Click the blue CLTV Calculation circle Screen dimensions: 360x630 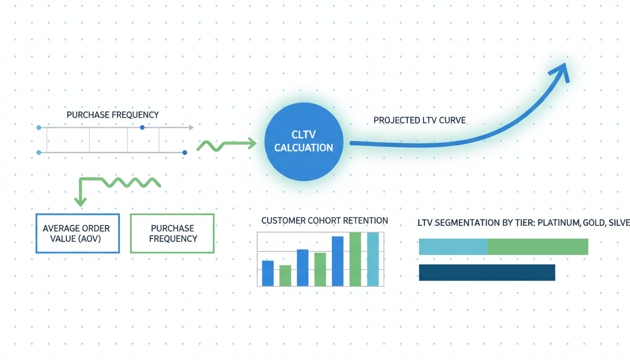point(304,142)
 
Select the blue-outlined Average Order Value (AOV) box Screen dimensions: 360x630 point(78,233)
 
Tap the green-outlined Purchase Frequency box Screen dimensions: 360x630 point(172,233)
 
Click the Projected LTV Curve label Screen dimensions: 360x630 point(420,120)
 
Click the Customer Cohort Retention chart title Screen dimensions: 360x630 point(324,220)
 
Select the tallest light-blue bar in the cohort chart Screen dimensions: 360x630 point(373,259)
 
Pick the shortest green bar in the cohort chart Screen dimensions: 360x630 point(285,276)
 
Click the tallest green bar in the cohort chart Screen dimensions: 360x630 point(355,259)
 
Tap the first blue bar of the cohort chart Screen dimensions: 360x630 point(268,273)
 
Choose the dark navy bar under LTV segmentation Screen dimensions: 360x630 point(487,272)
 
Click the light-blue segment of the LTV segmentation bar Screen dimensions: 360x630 point(453,247)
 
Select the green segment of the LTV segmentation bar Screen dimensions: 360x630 point(538,247)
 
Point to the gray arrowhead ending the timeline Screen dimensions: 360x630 point(191,127)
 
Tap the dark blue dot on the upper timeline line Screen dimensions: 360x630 point(142,127)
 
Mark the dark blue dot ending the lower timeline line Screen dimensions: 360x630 point(185,152)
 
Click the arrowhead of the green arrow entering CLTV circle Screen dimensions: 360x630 point(252,143)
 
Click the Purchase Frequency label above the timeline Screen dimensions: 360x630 point(112,115)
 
